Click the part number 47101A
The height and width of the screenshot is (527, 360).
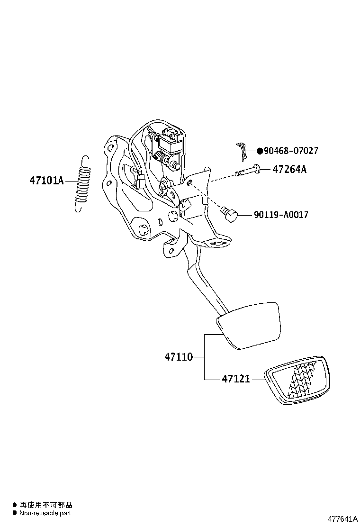point(46,181)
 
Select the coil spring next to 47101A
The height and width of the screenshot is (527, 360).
point(83,184)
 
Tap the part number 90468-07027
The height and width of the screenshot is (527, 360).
point(290,151)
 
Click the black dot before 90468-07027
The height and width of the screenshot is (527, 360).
point(260,151)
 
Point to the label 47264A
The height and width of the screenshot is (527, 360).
point(289,169)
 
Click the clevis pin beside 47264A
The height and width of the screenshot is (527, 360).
point(249,171)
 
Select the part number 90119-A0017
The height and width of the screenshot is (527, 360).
point(281,215)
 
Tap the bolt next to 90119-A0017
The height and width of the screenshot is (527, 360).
point(230,213)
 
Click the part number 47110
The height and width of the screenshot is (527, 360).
point(179,357)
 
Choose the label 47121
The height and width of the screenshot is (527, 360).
point(235,379)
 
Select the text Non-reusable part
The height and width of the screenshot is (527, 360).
point(45,513)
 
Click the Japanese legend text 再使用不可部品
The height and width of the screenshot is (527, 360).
point(45,505)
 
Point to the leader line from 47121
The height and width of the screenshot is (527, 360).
point(258,380)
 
